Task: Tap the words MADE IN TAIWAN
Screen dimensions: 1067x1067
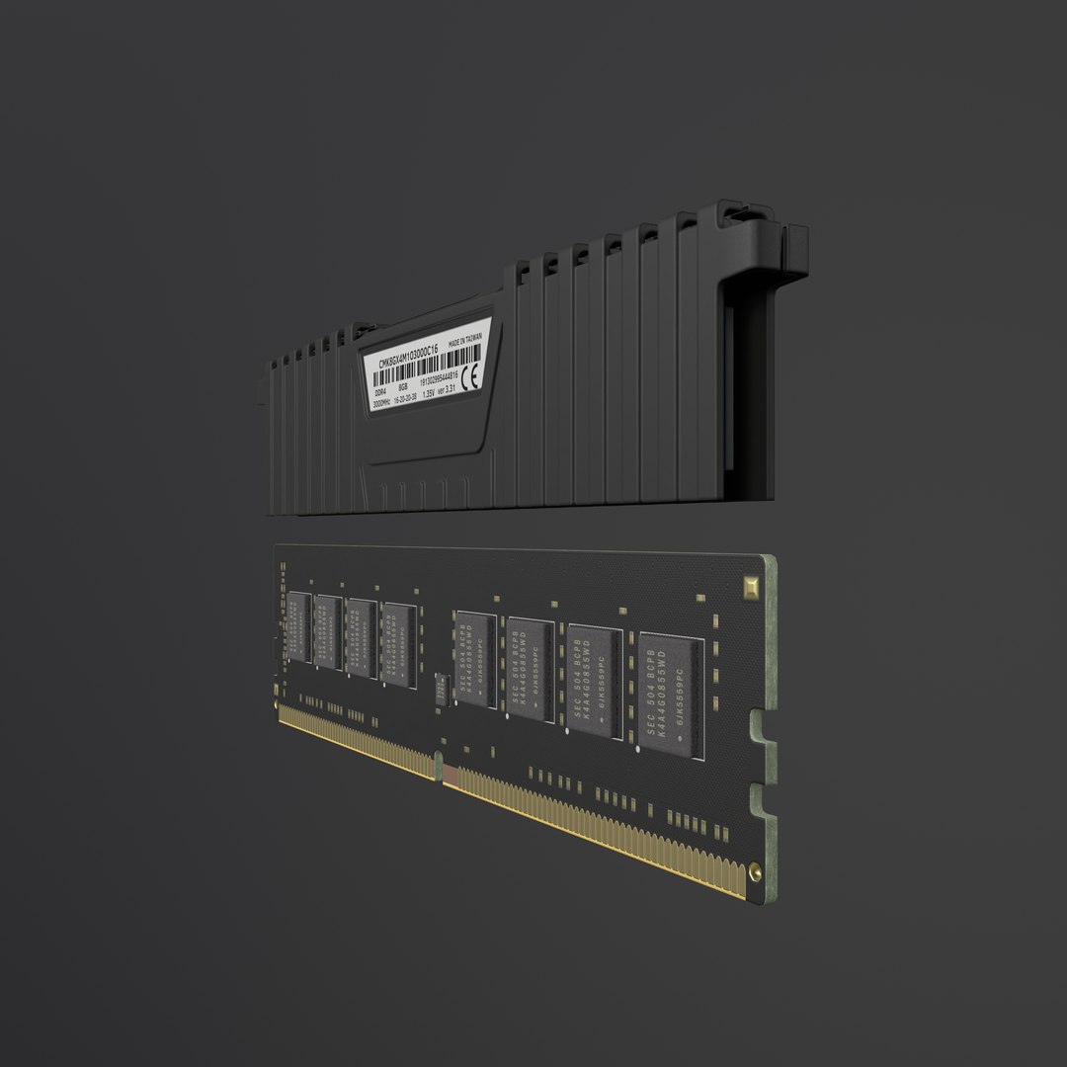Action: point(465,339)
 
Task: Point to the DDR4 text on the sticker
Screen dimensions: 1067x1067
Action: point(380,392)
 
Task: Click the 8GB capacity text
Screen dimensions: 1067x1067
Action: point(403,388)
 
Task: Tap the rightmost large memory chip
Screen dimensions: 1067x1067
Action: point(671,697)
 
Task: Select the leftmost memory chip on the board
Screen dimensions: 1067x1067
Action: point(299,625)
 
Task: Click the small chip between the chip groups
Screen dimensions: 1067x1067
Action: point(442,688)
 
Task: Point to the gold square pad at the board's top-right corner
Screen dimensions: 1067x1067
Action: point(751,585)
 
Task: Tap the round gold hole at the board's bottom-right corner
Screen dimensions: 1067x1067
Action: point(755,871)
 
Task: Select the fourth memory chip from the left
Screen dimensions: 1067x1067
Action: point(398,643)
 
